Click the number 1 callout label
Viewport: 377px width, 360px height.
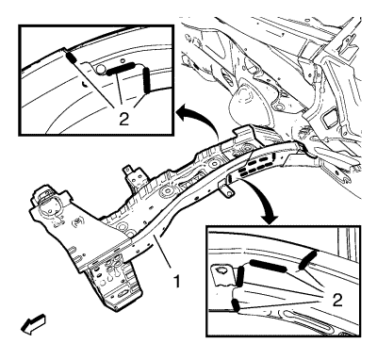tap(177, 281)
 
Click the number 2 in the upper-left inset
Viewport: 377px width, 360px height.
tap(124, 119)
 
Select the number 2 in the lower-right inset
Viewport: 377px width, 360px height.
tap(337, 301)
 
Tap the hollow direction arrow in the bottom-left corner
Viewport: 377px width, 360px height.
tap(33, 324)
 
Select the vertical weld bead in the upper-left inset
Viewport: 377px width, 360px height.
tap(147, 81)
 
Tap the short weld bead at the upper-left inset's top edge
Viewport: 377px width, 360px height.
tap(71, 57)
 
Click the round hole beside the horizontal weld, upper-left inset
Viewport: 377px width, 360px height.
tap(101, 70)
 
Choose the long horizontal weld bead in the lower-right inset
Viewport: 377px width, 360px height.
tap(269, 266)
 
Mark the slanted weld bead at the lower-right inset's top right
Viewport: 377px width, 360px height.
tap(308, 260)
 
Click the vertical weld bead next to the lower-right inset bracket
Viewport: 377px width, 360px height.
tap(240, 276)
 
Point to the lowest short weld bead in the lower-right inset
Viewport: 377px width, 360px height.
tap(236, 305)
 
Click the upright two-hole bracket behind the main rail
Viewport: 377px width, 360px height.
tap(136, 176)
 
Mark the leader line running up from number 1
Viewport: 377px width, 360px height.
tap(163, 254)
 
